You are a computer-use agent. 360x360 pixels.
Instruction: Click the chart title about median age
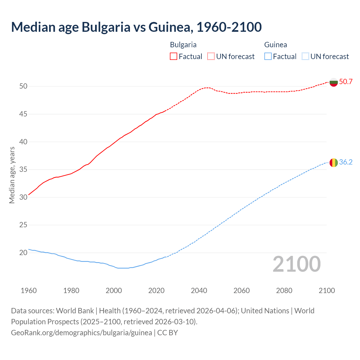(x=136, y=27)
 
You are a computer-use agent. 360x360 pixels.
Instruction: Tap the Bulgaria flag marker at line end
(x=334, y=82)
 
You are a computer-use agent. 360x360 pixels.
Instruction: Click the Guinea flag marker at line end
(x=334, y=163)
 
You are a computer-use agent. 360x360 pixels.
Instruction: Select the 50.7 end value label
(x=346, y=82)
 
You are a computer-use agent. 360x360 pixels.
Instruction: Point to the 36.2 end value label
(x=346, y=162)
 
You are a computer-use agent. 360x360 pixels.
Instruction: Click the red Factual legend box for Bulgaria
(x=174, y=57)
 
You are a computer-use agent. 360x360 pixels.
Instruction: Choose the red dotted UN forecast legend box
(x=211, y=57)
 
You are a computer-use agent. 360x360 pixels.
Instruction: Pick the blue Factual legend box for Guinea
(x=268, y=57)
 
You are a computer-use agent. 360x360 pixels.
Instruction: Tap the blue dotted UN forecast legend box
(x=305, y=57)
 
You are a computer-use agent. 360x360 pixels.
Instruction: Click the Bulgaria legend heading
(x=183, y=45)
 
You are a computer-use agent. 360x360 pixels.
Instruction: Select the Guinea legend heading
(x=275, y=45)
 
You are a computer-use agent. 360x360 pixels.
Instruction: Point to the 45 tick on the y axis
(x=23, y=114)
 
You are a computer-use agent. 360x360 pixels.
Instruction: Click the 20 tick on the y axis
(x=23, y=253)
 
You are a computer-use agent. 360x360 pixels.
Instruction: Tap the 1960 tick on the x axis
(x=29, y=291)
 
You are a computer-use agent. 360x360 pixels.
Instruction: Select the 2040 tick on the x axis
(x=199, y=291)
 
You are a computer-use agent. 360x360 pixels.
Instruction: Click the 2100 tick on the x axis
(x=327, y=291)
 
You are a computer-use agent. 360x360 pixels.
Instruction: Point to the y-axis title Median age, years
(x=12, y=175)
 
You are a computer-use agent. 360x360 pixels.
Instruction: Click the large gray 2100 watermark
(x=297, y=264)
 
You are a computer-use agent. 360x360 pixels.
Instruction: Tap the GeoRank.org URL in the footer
(x=82, y=333)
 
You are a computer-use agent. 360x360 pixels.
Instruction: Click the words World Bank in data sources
(x=75, y=311)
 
